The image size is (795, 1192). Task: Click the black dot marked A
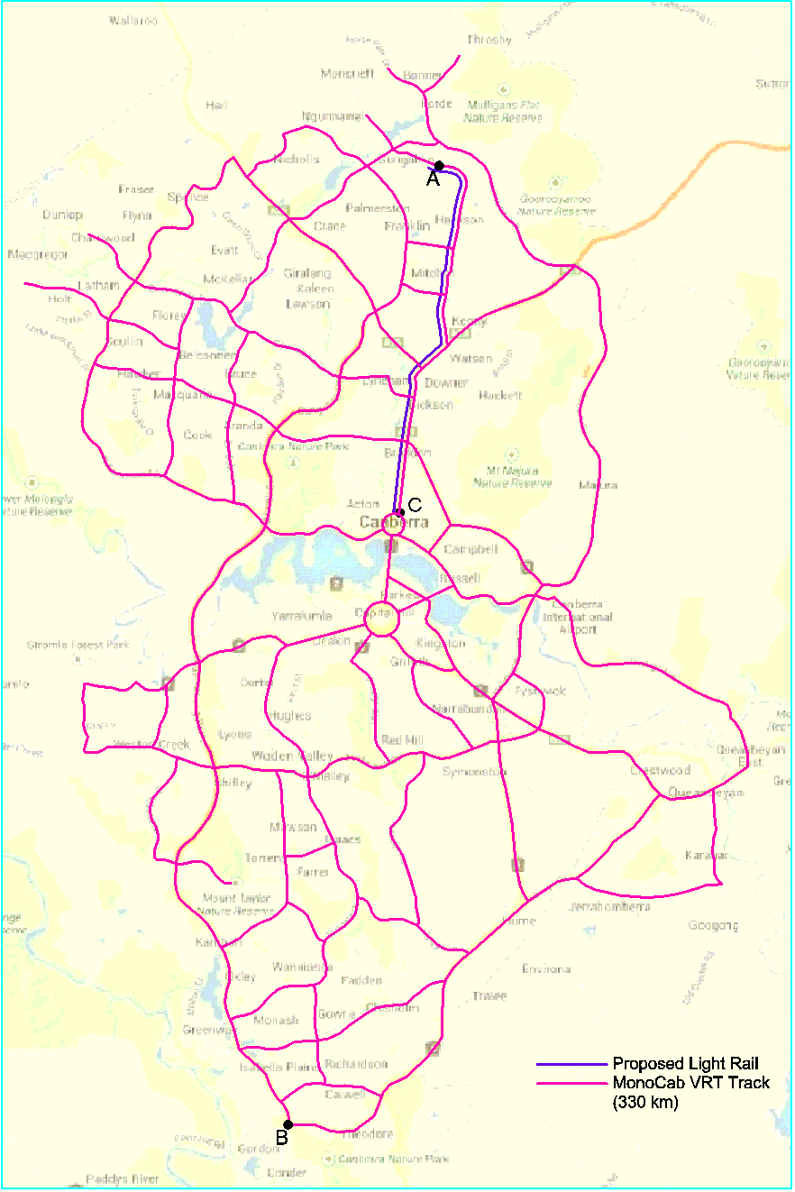(439, 166)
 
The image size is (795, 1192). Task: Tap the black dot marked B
(288, 1124)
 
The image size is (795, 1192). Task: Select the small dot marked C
(401, 512)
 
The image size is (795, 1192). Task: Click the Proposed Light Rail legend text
(686, 1064)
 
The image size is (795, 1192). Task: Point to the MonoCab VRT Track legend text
(691, 1082)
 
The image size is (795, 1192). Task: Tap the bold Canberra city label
(393, 523)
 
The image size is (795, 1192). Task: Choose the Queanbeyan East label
(740, 755)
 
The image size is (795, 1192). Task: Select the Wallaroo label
(132, 21)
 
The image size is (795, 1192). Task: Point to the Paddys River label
(123, 1178)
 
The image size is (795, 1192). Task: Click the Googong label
(713, 925)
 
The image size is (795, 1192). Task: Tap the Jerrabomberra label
(609, 906)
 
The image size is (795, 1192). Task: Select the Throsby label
(489, 40)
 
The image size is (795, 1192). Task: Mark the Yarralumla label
(302, 617)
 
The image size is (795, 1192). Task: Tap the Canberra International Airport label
(577, 617)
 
